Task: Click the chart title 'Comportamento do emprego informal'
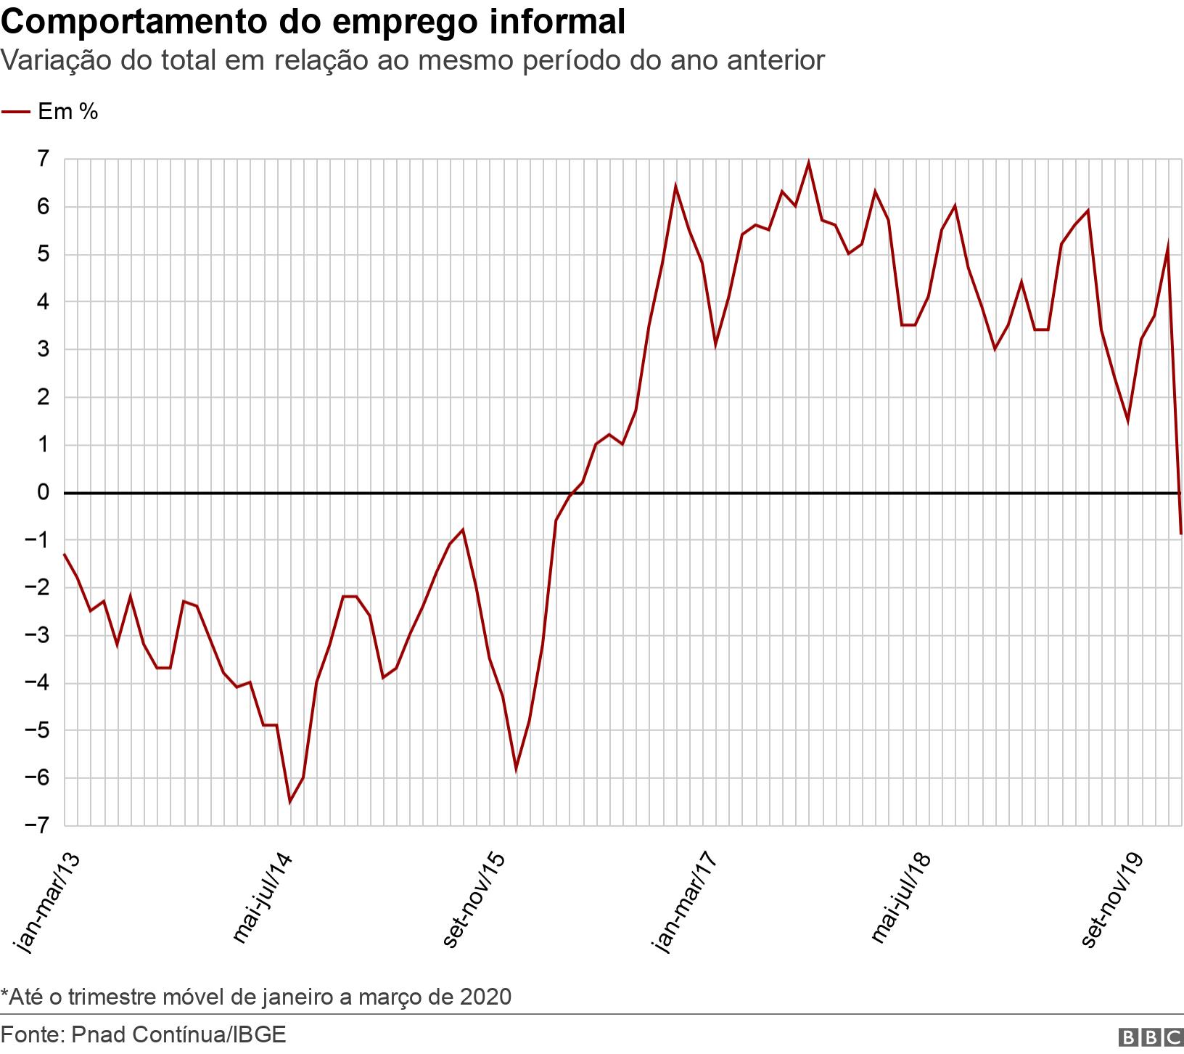(x=313, y=22)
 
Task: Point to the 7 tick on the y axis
(x=43, y=159)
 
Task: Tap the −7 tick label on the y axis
(x=38, y=825)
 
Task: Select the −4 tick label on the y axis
(x=38, y=683)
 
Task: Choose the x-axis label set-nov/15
(x=473, y=899)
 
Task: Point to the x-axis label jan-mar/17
(x=684, y=901)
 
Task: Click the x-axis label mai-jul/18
(x=900, y=899)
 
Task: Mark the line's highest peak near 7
(x=808, y=163)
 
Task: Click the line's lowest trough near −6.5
(x=290, y=801)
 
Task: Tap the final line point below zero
(x=1181, y=534)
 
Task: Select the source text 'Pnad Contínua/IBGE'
(x=178, y=1034)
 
